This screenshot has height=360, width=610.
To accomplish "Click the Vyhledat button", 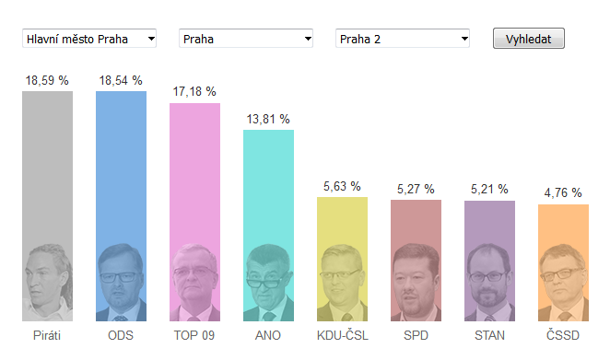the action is (528, 38).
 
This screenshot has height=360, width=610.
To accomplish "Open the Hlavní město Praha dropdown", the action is (89, 38).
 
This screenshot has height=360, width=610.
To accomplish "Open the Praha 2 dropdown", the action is (403, 38).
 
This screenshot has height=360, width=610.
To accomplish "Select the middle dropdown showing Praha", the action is (246, 38).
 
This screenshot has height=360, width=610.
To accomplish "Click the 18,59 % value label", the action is (47, 80).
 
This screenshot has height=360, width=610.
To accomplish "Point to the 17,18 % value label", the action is (194, 92).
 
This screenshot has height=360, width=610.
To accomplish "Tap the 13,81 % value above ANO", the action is (268, 119).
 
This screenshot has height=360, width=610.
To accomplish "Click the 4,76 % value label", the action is (563, 192).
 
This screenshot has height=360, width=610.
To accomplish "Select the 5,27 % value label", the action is (416, 189).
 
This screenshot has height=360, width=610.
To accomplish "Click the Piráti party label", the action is (47, 335).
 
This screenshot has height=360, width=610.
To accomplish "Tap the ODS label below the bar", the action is (121, 335).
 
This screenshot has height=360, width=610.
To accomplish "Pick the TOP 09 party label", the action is (194, 335).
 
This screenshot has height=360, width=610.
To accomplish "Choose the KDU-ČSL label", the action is (343, 335).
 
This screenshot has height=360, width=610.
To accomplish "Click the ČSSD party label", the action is (563, 335).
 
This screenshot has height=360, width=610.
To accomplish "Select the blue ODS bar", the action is (121, 206).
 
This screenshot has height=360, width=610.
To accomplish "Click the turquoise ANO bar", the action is (268, 226).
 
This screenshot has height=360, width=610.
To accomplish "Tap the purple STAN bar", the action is (489, 261).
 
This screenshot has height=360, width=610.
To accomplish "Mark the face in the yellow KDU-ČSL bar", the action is (340, 281).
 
